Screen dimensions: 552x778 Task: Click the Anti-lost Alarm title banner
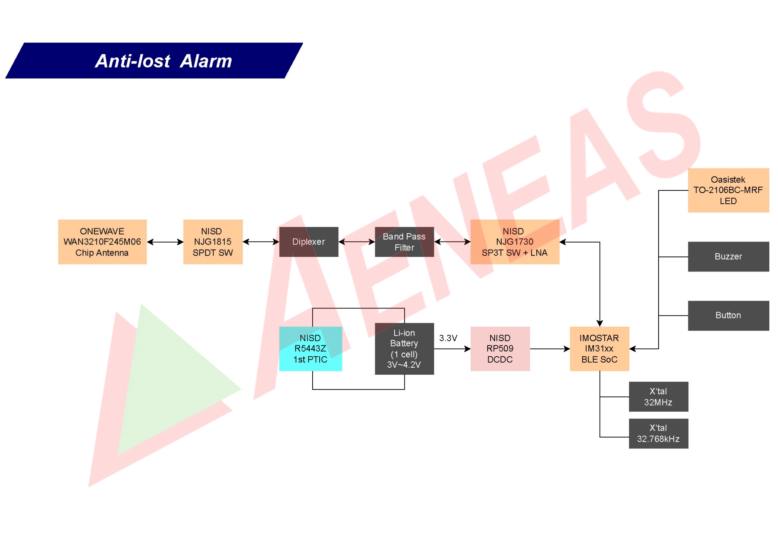tap(154, 61)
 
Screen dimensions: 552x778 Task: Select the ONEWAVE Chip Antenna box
tap(102, 242)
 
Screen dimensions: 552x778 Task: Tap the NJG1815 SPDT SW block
tap(213, 242)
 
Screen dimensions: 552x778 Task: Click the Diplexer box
tap(308, 242)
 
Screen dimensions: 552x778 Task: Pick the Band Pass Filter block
tap(404, 242)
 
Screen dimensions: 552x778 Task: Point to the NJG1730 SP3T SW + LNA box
tap(514, 242)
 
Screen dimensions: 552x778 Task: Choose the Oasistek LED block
tap(728, 190)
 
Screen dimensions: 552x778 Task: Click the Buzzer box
tap(728, 256)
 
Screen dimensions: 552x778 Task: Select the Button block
tap(728, 315)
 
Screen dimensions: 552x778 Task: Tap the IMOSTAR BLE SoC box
tap(599, 348)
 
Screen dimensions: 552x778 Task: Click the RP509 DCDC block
tap(500, 348)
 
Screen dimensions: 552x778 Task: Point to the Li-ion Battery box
tap(404, 348)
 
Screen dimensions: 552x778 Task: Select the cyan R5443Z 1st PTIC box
tap(310, 348)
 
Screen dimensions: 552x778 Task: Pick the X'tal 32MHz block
tap(658, 396)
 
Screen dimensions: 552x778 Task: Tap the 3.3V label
tap(448, 338)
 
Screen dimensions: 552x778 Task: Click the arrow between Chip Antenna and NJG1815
tap(165, 242)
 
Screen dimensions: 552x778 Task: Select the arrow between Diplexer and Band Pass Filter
tap(356, 242)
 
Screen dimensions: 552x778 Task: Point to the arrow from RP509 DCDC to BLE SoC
tap(549, 348)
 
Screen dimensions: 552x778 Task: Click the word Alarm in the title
tap(206, 61)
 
